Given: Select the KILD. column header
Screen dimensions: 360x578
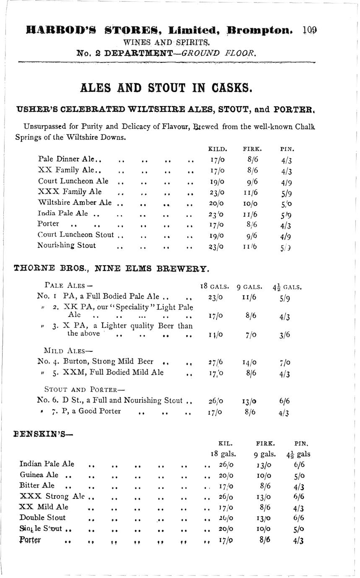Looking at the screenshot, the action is click(218, 149).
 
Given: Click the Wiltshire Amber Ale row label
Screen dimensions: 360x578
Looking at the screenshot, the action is click(75, 202).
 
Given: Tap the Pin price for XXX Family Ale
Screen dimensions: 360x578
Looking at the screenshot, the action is click(286, 193).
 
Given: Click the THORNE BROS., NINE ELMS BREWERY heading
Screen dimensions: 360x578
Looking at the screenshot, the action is click(111, 268).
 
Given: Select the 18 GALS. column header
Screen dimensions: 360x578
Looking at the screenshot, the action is click(215, 287).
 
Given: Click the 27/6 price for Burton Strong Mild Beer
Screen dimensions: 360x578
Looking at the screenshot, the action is click(215, 363).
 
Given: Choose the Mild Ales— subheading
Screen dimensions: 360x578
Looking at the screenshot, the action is click(68, 350).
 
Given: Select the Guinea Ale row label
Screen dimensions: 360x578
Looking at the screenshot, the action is click(39, 475).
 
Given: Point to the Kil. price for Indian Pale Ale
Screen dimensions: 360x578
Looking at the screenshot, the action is click(226, 464).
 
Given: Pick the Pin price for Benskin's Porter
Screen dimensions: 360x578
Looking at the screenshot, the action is click(298, 541).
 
